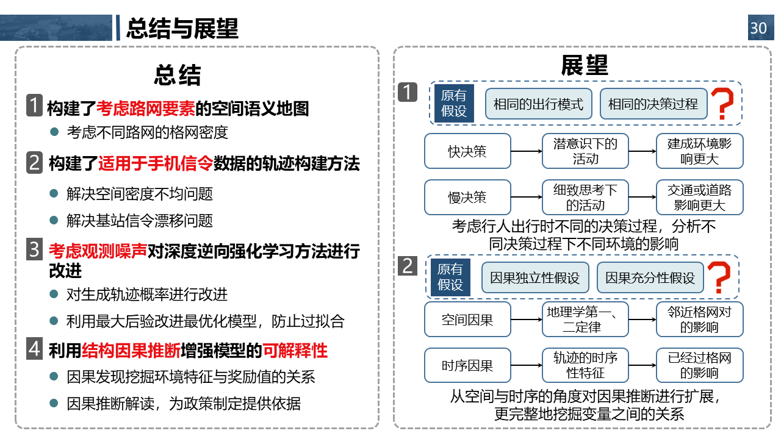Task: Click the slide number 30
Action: click(x=760, y=27)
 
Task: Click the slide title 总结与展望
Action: click(x=182, y=28)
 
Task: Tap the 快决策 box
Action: click(x=467, y=151)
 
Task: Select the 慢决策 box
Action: click(x=467, y=197)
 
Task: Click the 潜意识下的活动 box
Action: click(x=585, y=151)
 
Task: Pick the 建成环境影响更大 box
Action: click(x=699, y=151)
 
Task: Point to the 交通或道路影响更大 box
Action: click(x=699, y=197)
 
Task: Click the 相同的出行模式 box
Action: click(x=538, y=104)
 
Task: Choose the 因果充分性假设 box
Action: click(x=650, y=277)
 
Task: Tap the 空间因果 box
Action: click(x=467, y=319)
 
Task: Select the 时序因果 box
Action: click(x=467, y=365)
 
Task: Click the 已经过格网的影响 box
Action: click(x=699, y=365)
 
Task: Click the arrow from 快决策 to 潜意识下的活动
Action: click(x=527, y=151)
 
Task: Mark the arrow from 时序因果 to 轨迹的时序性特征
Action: click(x=527, y=365)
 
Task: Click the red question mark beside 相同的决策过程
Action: click(x=722, y=104)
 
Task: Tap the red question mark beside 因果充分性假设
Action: click(x=719, y=277)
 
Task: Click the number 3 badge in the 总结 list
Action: click(x=35, y=249)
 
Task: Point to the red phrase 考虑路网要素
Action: click(x=146, y=109)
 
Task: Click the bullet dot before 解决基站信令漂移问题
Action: click(x=54, y=220)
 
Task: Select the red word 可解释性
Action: click(x=295, y=351)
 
